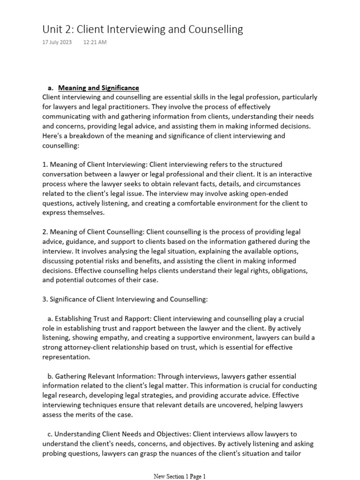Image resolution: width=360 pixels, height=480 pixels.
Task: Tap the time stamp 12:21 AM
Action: click(95, 43)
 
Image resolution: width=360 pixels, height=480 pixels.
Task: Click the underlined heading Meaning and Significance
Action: click(98, 88)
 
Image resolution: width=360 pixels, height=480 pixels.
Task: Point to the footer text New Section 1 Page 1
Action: click(180, 476)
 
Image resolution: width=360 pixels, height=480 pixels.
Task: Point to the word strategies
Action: click(145, 395)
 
